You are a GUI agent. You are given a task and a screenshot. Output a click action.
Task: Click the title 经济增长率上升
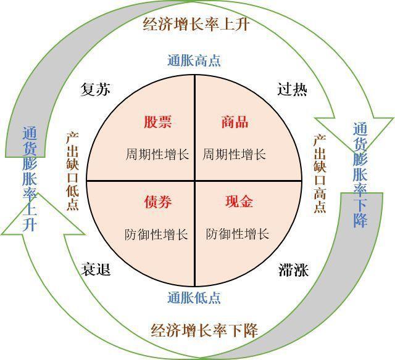coord(196,25)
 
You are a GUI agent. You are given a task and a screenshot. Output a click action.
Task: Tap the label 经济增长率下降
coord(204,330)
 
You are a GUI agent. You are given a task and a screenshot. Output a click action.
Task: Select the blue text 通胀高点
coord(194,61)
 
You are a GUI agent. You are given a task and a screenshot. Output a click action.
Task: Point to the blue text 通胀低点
coord(194,298)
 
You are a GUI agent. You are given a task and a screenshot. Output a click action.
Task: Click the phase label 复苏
coord(96,89)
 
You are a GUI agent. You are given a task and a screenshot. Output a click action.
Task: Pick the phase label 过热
coord(292,89)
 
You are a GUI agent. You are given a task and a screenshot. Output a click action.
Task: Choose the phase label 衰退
coord(96,269)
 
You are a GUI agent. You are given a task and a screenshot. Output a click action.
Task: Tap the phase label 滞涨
coord(294,270)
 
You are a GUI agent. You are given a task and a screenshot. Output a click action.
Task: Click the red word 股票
coord(158,122)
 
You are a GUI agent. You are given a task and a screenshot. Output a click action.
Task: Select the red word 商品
coord(235,122)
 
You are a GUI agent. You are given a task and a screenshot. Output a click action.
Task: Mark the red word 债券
coord(158,202)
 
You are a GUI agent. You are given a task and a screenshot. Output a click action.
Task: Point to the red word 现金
coord(239,201)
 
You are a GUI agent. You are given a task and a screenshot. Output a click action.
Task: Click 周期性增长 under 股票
coord(157,154)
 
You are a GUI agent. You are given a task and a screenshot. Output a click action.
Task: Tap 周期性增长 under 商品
coord(235,154)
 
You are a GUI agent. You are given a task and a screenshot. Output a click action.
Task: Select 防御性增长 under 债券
coord(156,234)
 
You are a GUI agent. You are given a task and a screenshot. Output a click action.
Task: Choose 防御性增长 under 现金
coord(238,234)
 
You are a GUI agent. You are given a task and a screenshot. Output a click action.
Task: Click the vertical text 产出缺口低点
coord(73,171)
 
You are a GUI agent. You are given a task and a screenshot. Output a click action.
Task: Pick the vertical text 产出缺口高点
coord(320,174)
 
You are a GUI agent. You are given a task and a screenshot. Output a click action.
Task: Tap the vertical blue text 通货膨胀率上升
coord(30,179)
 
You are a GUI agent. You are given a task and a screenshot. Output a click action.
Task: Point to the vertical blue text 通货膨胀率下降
coord(360,175)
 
